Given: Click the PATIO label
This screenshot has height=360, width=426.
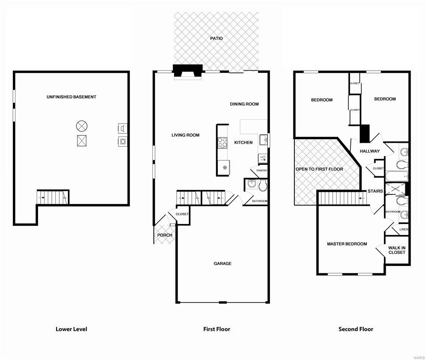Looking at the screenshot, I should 217,38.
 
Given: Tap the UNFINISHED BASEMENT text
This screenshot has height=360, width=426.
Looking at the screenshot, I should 72,97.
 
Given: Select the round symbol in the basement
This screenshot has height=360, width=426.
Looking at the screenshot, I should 81,126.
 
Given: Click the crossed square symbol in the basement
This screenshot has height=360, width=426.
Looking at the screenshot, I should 81,140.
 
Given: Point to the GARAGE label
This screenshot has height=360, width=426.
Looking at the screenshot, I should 223,263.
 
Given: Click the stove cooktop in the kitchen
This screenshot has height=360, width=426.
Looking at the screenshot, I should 222,142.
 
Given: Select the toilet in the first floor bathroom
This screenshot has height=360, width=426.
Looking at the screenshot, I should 262,186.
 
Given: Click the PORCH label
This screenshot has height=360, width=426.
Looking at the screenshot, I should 165,235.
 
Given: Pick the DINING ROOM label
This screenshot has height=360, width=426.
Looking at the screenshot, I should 244,104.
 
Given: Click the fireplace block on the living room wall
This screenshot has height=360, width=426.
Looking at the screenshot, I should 187,71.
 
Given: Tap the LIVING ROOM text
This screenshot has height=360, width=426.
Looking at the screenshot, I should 186,135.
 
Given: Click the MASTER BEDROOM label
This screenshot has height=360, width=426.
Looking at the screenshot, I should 347,244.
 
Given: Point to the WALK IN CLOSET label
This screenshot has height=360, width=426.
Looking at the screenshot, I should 397,250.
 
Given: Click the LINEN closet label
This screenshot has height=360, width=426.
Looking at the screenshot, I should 403,229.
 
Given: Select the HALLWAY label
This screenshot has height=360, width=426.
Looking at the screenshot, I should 369,151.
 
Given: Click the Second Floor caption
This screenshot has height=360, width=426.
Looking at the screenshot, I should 356,329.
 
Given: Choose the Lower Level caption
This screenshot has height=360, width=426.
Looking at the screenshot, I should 71,329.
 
